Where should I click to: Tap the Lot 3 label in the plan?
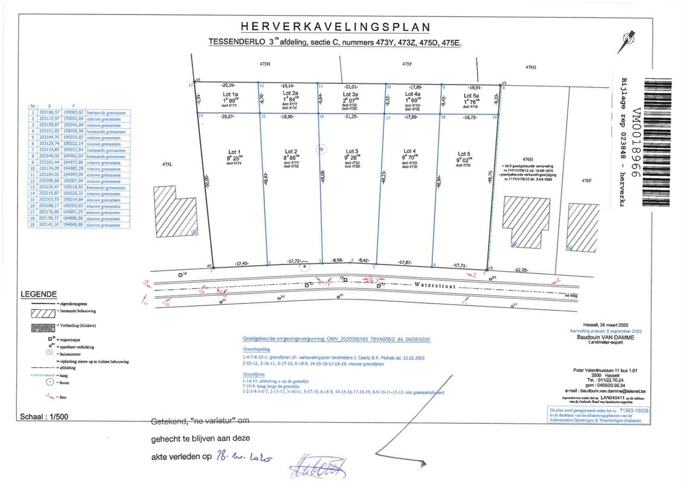point(351,152)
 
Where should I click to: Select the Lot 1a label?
point(231,95)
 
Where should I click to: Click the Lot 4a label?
point(413,95)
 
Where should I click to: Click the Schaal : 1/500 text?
point(45,417)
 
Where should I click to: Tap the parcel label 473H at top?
point(265,63)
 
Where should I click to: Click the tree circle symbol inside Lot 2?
point(321,148)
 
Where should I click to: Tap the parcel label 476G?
point(531,67)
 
